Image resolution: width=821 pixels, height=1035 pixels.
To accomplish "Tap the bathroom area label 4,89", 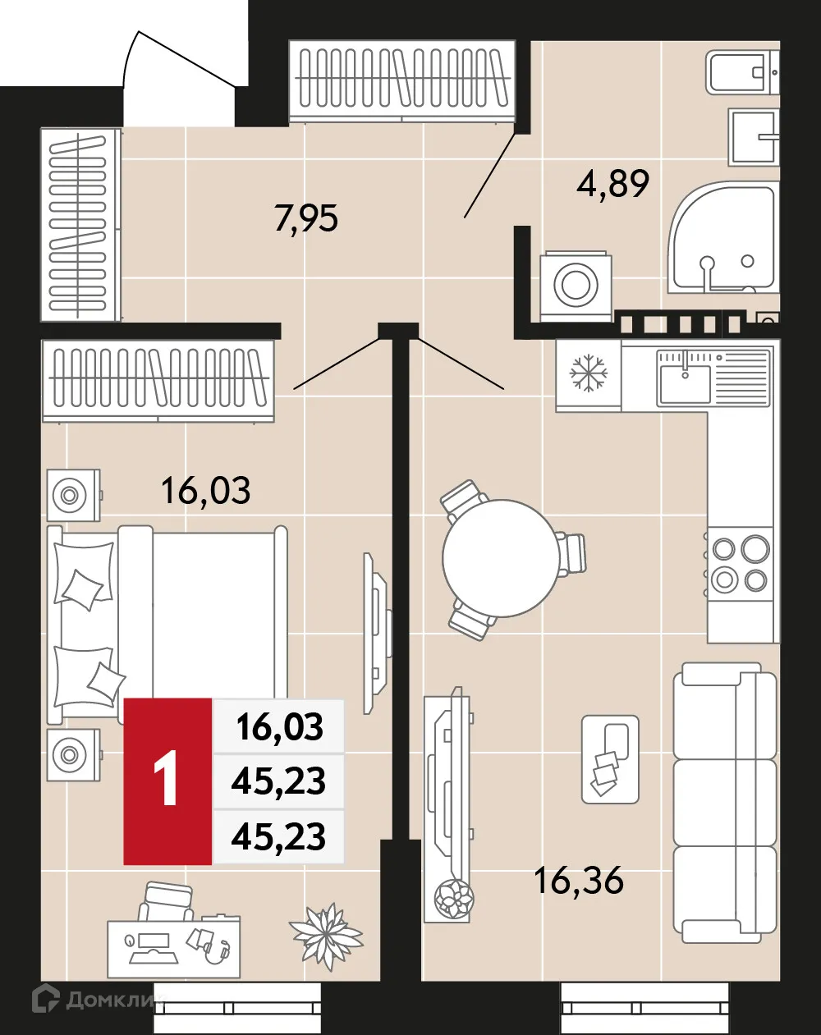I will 612,183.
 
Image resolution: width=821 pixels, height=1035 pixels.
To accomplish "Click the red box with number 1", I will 167,781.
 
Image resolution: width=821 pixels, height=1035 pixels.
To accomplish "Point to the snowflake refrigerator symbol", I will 589,373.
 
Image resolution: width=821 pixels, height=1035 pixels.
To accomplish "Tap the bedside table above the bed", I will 73,495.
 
